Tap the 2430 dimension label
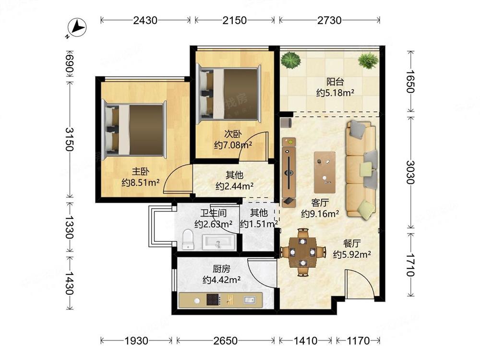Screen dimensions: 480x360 point(145,21)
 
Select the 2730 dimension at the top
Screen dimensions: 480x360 point(329,21)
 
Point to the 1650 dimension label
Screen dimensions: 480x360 point(410,82)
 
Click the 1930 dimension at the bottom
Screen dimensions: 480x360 point(136,340)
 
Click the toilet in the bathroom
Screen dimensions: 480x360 point(188,240)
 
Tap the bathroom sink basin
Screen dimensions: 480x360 point(218,242)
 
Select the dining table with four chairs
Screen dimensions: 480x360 point(302,252)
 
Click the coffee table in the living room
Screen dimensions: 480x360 point(324,172)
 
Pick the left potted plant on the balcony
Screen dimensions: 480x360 point(291,60)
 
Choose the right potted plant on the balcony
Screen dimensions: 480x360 point(368,60)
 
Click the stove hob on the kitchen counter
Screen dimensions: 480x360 point(213,300)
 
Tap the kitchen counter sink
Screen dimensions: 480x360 point(249,300)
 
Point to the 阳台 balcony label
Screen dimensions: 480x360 point(335,82)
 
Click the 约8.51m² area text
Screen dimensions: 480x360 point(141,183)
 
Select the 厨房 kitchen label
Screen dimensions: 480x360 point(221,269)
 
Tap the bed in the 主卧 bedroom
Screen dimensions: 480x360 point(135,129)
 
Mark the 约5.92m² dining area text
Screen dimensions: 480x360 point(352,254)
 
